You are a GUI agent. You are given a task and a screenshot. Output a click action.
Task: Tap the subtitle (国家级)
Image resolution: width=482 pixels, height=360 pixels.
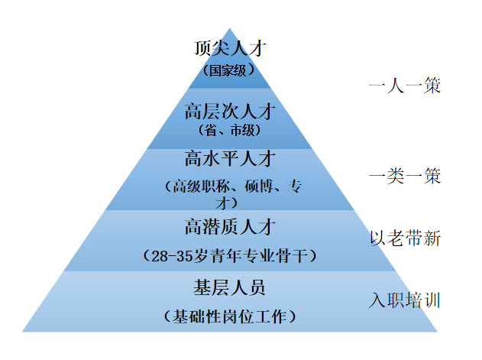[x=229, y=71]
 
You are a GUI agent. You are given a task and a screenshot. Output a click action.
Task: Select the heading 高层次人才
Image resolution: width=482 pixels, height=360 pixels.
[x=229, y=111]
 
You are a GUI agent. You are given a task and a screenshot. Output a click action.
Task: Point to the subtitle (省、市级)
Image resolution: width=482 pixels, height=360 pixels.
[x=229, y=130]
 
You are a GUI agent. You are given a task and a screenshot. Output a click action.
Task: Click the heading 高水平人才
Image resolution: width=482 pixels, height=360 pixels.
[x=229, y=160]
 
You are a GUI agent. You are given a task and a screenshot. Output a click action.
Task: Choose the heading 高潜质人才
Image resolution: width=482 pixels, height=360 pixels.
[x=229, y=227]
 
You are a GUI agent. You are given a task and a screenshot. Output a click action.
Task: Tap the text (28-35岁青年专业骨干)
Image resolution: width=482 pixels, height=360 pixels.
[x=229, y=255]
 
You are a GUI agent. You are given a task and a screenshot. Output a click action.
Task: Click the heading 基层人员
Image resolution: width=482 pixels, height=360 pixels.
[x=229, y=288]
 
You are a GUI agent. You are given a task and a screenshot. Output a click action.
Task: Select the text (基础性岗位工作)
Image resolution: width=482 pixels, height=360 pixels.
[x=229, y=316]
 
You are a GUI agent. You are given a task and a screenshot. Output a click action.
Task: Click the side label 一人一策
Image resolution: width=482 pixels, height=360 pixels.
[x=404, y=85]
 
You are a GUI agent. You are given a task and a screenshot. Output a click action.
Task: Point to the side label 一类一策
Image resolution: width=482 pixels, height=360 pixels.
[x=404, y=177]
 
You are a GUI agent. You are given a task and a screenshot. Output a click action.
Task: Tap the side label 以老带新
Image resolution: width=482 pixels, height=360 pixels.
[x=404, y=238]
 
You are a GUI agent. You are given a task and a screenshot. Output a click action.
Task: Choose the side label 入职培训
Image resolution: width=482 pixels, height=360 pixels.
[x=404, y=299]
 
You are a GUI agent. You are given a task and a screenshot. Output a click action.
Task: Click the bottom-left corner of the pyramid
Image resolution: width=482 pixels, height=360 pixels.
[x=22, y=332]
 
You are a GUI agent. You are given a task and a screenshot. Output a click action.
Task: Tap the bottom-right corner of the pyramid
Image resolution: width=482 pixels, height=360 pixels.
[x=437, y=332]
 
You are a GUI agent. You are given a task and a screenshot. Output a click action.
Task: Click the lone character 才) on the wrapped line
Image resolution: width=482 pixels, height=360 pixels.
[x=225, y=204]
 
